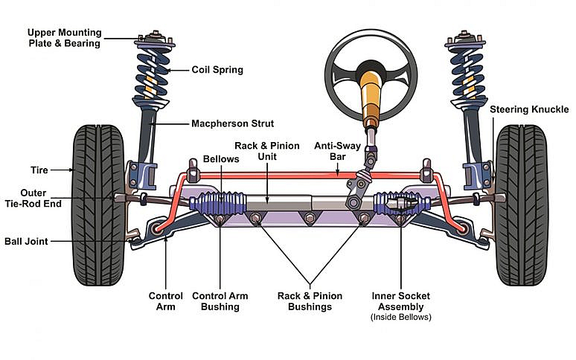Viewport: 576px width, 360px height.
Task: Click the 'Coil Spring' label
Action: (x=217, y=70)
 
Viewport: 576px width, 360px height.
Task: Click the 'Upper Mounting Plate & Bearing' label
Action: (x=64, y=38)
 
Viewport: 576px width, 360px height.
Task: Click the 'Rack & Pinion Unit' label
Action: (x=266, y=151)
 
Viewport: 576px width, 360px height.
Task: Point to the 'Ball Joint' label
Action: (x=26, y=242)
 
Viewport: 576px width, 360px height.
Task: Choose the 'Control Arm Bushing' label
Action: (x=220, y=301)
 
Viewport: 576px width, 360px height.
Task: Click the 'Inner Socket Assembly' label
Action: (x=400, y=301)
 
